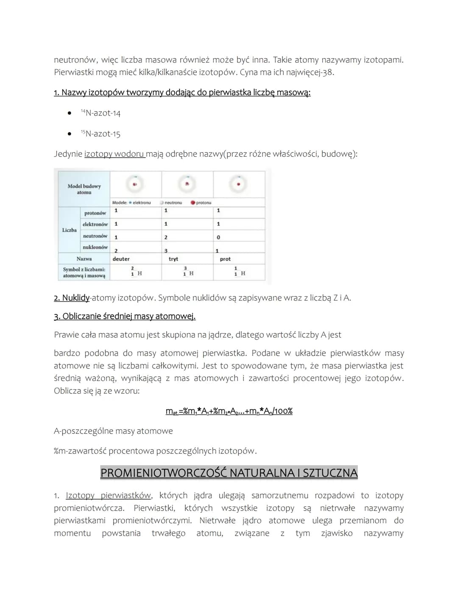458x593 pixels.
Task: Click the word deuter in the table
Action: pyautogui.click(x=121, y=259)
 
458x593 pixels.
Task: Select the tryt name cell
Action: pyautogui.click(x=173, y=259)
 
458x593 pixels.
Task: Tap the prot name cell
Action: pyautogui.click(x=225, y=259)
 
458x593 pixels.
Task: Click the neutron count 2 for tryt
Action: pyautogui.click(x=166, y=237)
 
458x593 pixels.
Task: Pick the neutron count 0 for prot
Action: pyautogui.click(x=218, y=237)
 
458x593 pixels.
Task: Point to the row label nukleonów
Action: pyautogui.click(x=95, y=247)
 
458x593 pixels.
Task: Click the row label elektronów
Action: pyautogui.click(x=95, y=224)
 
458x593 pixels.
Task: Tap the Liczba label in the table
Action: pyautogui.click(x=69, y=230)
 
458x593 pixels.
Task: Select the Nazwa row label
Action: pyautogui.click(x=84, y=259)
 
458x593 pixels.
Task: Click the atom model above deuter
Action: pyautogui.click(x=135, y=184)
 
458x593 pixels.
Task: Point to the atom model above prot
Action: pyautogui.click(x=239, y=184)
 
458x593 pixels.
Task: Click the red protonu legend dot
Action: pyautogui.click(x=193, y=202)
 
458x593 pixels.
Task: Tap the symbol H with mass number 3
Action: pyautogui.click(x=188, y=272)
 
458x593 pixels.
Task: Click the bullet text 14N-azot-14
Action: pyautogui.click(x=101, y=113)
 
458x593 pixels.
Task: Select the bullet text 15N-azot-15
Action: pyautogui.click(x=101, y=134)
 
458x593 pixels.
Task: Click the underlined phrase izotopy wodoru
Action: pyautogui.click(x=114, y=154)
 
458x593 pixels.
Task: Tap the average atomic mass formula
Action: pyautogui.click(x=229, y=411)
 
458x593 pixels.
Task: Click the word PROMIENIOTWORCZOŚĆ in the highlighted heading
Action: pyautogui.click(x=169, y=473)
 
